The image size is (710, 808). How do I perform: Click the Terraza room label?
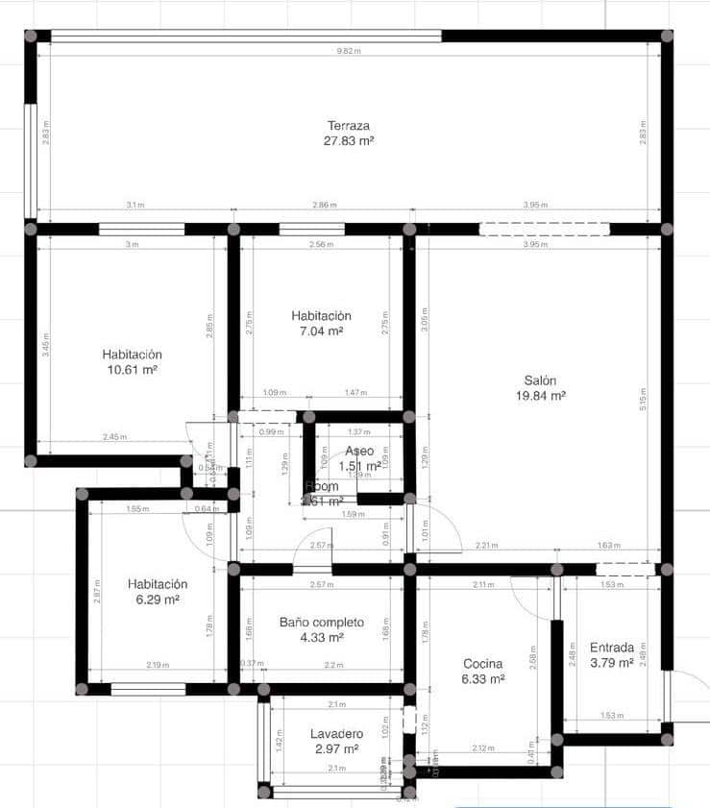349,126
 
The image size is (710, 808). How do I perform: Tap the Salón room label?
540,380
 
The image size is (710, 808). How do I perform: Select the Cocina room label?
483,664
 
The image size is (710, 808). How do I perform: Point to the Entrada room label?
611,647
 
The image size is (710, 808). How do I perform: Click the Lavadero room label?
335,734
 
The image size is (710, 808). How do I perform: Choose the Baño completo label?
322,622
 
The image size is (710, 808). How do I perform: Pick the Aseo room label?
360,451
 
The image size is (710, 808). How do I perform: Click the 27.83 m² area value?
349,140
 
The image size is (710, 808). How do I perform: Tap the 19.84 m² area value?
540,395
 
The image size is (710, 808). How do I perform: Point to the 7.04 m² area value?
321,331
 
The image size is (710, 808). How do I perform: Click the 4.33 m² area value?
322,637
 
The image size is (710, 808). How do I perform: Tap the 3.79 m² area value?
611,662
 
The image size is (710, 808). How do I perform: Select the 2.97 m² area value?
335,748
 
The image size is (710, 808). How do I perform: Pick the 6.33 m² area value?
483,679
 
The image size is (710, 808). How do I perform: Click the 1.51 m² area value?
360,467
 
